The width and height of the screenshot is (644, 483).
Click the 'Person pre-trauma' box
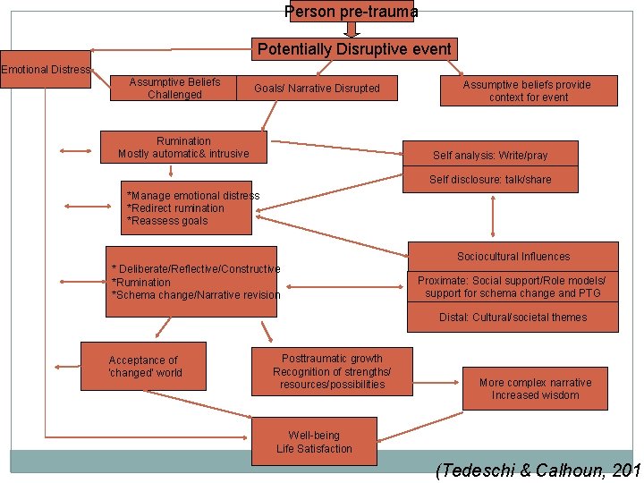(x=352, y=12)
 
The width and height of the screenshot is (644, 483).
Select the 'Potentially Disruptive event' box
(x=354, y=49)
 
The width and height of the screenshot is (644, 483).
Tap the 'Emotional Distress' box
(x=46, y=70)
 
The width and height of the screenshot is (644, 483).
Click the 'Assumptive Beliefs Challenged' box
(x=174, y=88)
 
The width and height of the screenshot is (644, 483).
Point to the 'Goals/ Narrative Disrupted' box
(x=317, y=88)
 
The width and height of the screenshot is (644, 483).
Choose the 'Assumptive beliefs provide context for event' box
(x=528, y=91)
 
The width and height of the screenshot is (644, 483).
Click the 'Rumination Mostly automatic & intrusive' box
(x=183, y=148)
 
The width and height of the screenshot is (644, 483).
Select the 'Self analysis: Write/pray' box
(x=490, y=156)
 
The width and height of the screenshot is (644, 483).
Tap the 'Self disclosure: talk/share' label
(x=490, y=180)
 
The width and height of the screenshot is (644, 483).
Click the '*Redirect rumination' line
(x=176, y=208)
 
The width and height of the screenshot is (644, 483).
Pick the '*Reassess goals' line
(x=167, y=221)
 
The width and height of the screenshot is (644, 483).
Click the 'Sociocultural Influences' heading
(x=513, y=257)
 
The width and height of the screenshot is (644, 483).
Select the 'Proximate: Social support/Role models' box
(x=513, y=286)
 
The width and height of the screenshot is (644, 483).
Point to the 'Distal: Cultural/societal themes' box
(x=513, y=318)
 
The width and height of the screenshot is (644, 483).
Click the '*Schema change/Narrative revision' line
(x=195, y=295)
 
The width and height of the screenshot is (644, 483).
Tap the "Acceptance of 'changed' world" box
(x=143, y=367)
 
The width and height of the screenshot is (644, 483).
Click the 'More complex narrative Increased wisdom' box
(x=535, y=389)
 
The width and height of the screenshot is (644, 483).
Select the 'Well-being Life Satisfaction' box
(x=314, y=442)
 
